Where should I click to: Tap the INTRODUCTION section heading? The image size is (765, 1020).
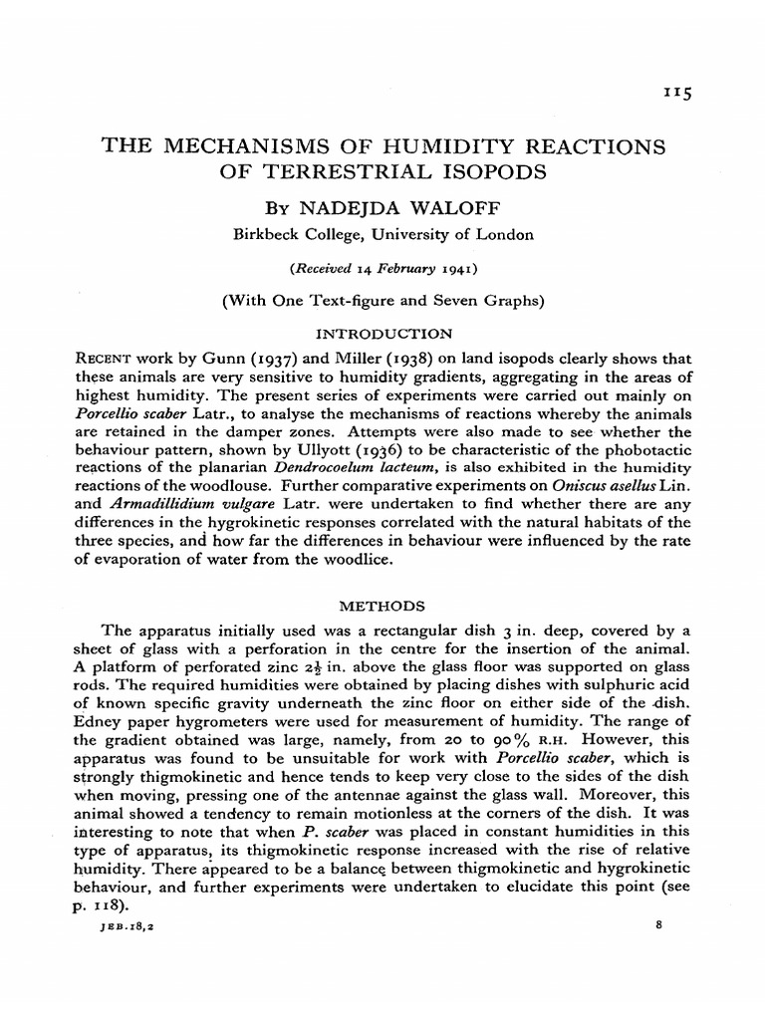click(383, 333)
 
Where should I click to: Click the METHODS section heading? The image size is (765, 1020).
click(383, 605)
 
